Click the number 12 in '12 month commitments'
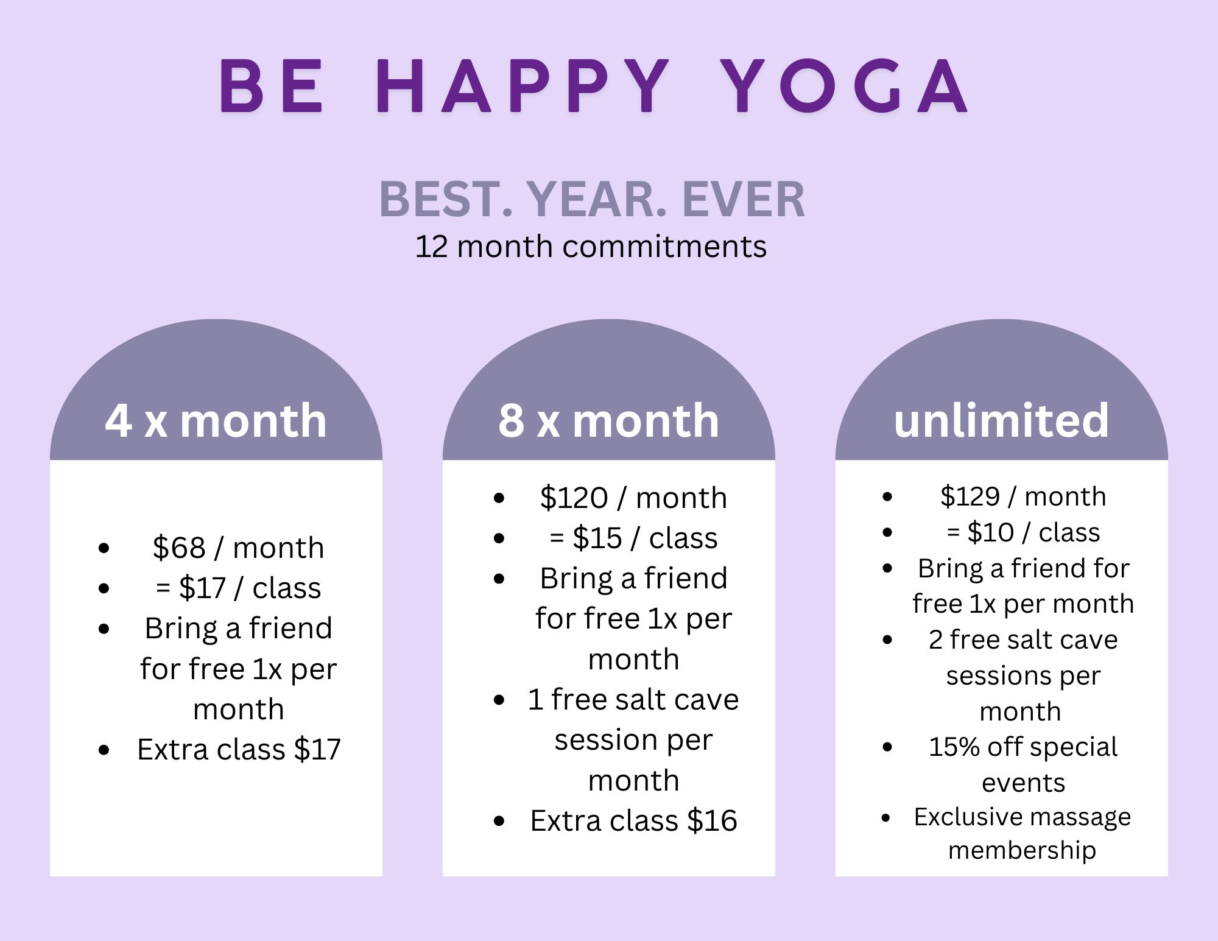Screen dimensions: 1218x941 431,247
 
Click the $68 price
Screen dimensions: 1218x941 179,547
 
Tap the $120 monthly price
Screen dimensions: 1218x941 574,498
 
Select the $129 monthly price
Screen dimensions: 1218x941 970,496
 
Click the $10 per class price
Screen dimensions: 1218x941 990,532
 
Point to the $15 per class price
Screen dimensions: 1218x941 597,538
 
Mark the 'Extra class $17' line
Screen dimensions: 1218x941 239,749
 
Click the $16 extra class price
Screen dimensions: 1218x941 712,820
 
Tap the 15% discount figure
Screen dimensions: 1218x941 954,747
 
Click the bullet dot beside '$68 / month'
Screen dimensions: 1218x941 104,548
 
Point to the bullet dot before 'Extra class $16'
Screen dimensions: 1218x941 499,821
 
